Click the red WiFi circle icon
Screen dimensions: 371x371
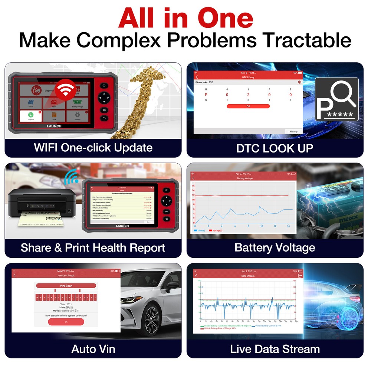click(x=65, y=90)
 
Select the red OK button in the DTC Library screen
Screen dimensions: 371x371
click(x=248, y=106)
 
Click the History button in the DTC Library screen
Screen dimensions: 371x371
click(x=293, y=131)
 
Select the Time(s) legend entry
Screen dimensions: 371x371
click(x=200, y=230)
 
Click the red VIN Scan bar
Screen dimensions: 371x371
click(x=66, y=286)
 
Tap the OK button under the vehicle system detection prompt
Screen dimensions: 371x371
click(x=66, y=322)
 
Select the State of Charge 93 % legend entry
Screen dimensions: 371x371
click(x=219, y=328)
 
